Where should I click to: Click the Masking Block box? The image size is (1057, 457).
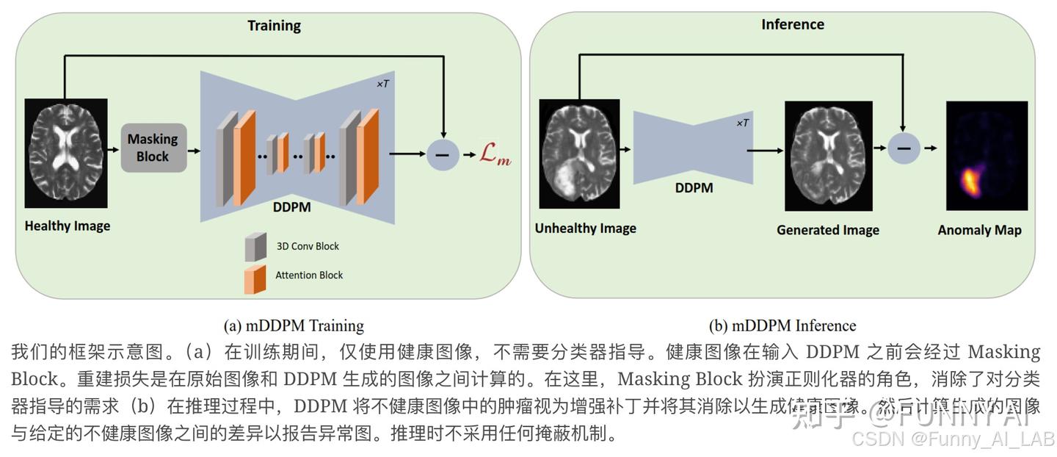(153, 148)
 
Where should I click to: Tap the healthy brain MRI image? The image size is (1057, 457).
(66, 153)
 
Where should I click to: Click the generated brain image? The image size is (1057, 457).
(828, 156)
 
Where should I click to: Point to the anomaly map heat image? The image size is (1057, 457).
(987, 154)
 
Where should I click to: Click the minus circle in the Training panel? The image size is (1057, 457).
(442, 154)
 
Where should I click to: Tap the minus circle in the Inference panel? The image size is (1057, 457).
(904, 148)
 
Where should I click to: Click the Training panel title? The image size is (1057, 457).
(274, 26)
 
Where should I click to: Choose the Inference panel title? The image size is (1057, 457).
(793, 24)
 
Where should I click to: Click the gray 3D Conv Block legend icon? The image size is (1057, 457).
(255, 247)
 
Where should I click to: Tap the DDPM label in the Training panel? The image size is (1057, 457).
(291, 207)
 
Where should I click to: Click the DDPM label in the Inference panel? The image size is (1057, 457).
(694, 187)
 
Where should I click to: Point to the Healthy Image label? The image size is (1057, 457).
(68, 226)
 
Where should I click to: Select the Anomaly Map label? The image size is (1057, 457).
(979, 230)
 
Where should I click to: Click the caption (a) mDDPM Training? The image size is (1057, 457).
(294, 325)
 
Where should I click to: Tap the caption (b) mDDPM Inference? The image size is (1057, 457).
(782, 325)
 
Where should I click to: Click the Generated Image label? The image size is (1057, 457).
(828, 230)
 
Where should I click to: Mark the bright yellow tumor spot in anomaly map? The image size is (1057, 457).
(970, 180)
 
